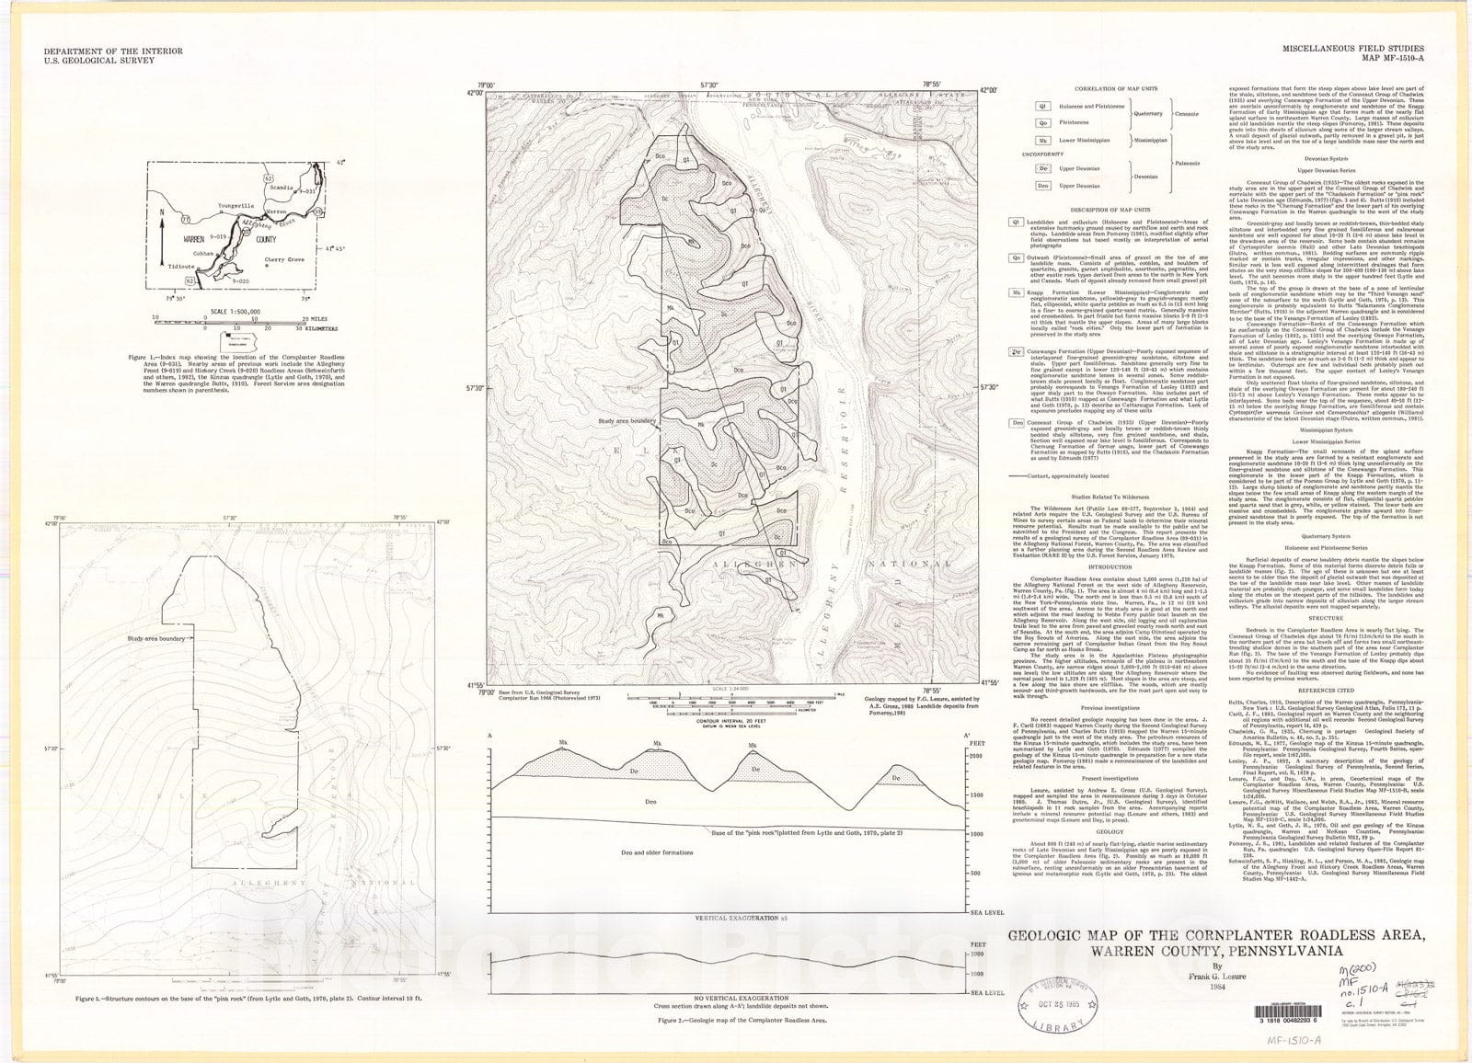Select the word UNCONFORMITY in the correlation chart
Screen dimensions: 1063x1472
tap(1029, 154)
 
